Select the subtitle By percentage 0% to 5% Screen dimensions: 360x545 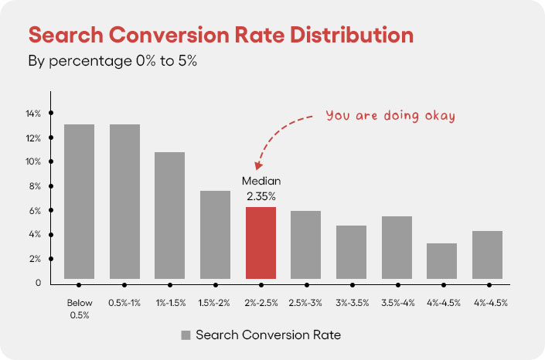113,61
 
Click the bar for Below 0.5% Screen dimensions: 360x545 80,201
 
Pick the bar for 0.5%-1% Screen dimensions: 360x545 124,201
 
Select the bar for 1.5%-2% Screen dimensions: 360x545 215,234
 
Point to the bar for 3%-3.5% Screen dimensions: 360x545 351,252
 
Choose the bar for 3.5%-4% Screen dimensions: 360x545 397,247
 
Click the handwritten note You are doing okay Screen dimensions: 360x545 390,116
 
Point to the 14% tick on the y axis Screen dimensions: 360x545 51,114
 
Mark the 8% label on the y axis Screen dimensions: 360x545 32,186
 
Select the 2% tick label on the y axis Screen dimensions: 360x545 32,259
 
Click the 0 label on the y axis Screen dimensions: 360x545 36,283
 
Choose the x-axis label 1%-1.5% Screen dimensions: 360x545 170,303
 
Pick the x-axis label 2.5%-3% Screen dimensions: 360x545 305,303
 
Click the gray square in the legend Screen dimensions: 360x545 186,335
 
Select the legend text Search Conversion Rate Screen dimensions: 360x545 268,335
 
